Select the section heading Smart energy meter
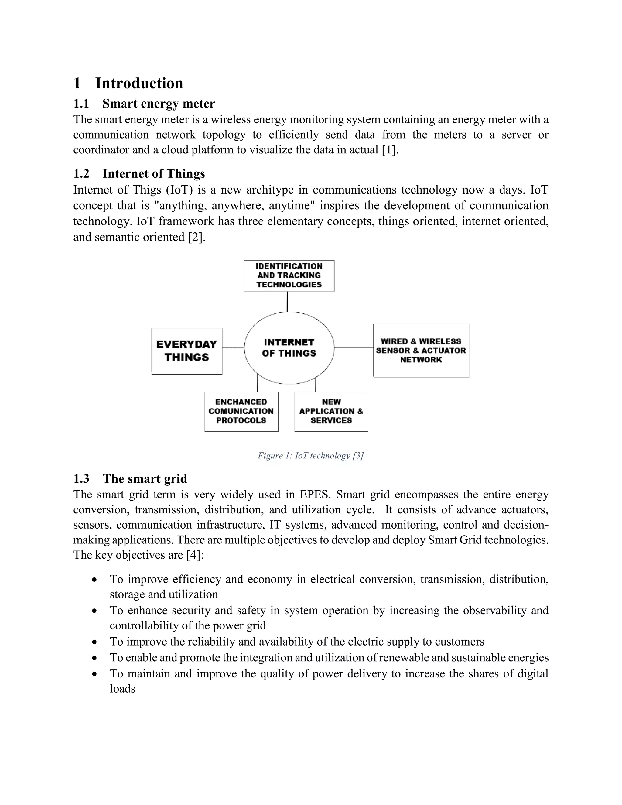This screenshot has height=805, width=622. point(159,104)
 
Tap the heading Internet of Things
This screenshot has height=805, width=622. point(154,173)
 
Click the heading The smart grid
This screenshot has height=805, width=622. point(145,478)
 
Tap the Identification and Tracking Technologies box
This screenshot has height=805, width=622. point(289,276)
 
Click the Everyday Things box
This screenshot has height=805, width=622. point(187,351)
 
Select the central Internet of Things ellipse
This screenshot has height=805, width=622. point(289,348)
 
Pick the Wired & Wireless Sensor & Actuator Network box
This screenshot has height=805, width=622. point(421,351)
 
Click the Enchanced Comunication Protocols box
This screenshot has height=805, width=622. point(241,411)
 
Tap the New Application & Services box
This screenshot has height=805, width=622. point(331,411)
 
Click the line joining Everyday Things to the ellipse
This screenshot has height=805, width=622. point(233,347)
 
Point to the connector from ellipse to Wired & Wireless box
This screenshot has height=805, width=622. point(354,347)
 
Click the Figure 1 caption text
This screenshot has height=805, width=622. point(311,456)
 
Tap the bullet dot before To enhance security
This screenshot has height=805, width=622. point(95,611)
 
